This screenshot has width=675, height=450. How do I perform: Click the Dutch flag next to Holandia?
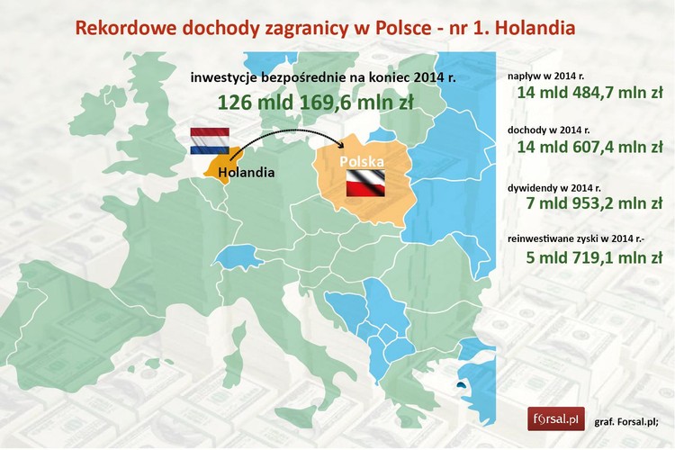point(211,141)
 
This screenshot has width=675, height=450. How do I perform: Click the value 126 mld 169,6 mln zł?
point(313,103)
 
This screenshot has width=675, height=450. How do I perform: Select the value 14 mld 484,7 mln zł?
point(589,93)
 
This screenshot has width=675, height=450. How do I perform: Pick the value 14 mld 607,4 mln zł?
point(589,147)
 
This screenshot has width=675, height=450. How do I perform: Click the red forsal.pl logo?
point(555,418)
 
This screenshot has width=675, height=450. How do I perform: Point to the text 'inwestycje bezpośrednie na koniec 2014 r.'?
point(323,78)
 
